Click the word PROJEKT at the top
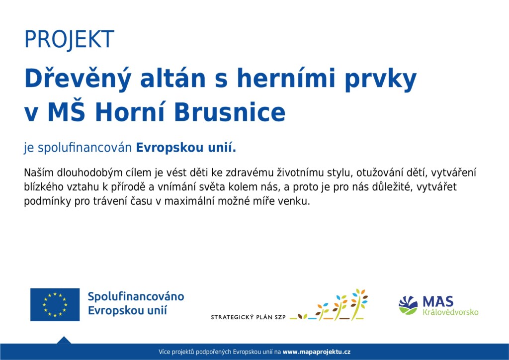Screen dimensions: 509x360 (69, 40)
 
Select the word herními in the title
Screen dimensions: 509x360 (286, 78)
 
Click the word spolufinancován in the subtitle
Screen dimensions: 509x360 (85, 148)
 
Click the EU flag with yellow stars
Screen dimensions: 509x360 (55, 304)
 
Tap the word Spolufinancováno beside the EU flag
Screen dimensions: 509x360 (136, 297)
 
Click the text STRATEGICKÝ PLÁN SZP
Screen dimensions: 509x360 (249, 317)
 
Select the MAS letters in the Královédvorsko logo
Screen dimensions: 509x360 (438, 302)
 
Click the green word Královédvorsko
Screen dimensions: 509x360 (450, 312)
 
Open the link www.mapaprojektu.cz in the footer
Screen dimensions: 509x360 (317, 352)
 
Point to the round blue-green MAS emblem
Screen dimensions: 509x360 (409, 305)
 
